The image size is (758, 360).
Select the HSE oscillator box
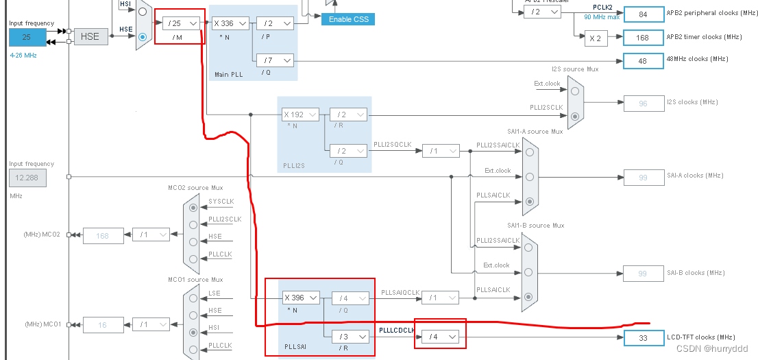[x=90, y=36]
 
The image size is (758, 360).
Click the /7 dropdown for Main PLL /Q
[x=275, y=60]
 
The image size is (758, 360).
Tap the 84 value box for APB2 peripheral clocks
[x=643, y=13]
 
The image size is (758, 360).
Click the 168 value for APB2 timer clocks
[x=643, y=38]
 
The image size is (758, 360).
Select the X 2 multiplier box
[x=596, y=38]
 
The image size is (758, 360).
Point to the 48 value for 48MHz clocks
[x=643, y=61]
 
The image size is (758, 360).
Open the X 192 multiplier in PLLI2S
[x=301, y=115]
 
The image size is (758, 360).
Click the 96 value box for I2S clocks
[x=643, y=104]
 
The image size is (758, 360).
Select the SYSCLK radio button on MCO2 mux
[x=193, y=206]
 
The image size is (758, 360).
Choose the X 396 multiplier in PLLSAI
[x=301, y=298]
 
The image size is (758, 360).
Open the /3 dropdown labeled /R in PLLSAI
[x=350, y=337]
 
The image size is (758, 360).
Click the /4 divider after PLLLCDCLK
[x=439, y=337]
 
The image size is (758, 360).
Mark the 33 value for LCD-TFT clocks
[x=643, y=337]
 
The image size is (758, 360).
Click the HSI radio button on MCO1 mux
[x=193, y=332]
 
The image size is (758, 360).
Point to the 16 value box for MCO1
[x=103, y=324]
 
